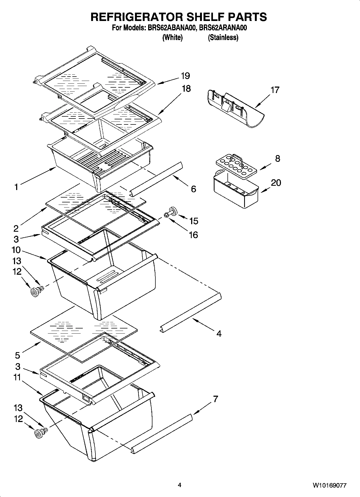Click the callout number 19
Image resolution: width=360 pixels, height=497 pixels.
185,76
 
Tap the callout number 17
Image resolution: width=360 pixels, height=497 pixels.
275,90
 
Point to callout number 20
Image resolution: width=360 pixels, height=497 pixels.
276,183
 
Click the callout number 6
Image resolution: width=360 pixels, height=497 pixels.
193,189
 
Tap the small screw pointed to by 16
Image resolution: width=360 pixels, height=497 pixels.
166,215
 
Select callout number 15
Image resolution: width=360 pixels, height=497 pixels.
194,221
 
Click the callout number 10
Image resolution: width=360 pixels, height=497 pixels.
16,250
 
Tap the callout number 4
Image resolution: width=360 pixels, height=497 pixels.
219,334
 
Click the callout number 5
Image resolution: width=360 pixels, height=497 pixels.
17,355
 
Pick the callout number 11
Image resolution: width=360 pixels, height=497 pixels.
17,377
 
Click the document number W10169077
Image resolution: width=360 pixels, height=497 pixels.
329,485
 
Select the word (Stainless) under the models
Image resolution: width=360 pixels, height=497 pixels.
223,37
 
